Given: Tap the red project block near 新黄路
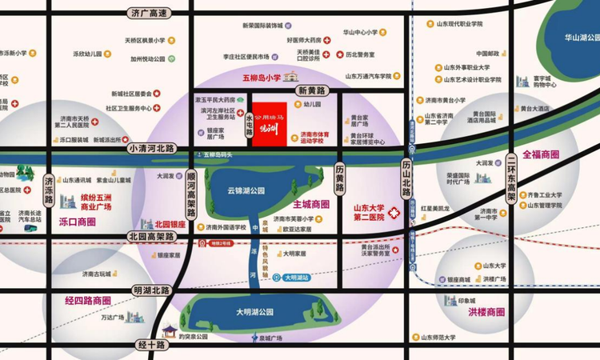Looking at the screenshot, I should tap(274, 121).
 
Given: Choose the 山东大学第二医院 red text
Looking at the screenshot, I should tap(370, 211).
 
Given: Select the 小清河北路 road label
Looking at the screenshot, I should tap(150, 148).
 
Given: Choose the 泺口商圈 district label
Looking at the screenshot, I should tap(77, 222).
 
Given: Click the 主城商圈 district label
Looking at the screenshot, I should tap(306, 205).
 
